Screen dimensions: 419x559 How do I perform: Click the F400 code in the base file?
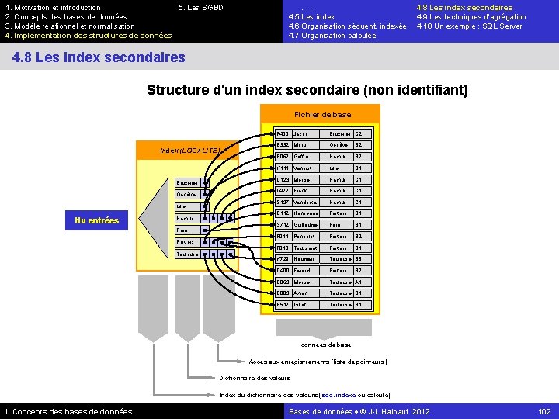coord(283,133)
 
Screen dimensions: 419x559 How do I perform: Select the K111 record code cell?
coord(283,168)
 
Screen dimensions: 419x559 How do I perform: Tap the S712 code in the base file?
coord(283,225)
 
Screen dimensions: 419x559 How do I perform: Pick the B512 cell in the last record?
coord(283,304)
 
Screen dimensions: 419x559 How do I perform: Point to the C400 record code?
coord(283,270)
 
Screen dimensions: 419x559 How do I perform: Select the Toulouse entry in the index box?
coord(187,254)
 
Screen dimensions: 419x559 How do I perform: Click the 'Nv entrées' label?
coord(97,221)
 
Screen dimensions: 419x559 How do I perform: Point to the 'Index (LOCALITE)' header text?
coord(190,149)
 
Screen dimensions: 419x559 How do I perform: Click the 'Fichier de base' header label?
coord(322,115)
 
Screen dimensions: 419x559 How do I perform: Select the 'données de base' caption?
coord(325,345)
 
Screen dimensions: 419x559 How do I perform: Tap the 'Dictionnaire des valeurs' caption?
coord(255,378)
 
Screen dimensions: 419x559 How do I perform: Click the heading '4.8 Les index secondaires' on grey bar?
coord(99,57)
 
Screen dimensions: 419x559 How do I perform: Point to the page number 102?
coord(544,411)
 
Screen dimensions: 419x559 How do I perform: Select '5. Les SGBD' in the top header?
coord(200,8)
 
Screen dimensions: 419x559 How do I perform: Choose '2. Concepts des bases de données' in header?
coord(66,17)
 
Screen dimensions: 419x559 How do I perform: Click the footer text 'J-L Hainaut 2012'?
coord(400,411)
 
